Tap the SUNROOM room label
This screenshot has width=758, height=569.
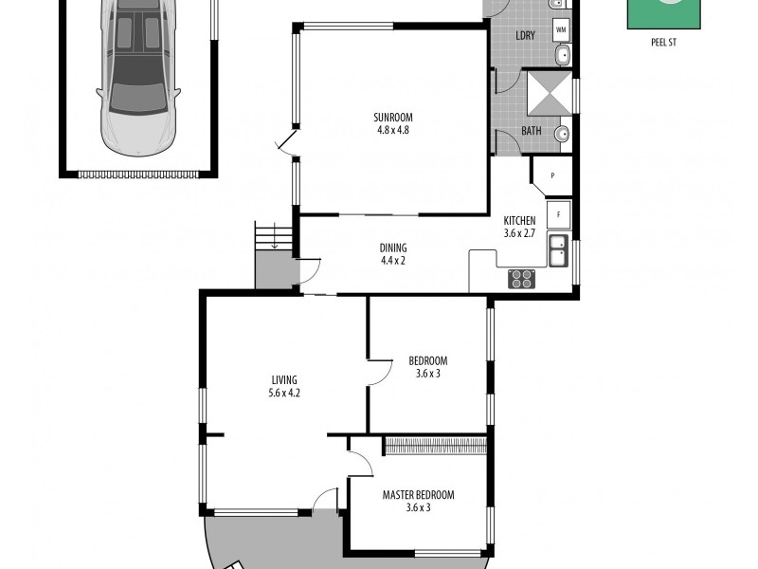[x=392, y=118]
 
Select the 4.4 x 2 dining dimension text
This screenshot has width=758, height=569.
[x=392, y=261]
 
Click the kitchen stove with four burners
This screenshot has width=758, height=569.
[x=522, y=279]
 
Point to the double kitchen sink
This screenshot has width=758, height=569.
[x=558, y=250]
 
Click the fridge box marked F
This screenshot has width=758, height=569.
[x=558, y=214]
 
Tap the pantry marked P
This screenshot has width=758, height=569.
[x=551, y=175]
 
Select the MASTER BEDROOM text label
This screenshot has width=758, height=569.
[x=418, y=495]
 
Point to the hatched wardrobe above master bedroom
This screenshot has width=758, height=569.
[x=435, y=445]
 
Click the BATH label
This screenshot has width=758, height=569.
[x=532, y=131]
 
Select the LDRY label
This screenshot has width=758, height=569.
[x=525, y=35]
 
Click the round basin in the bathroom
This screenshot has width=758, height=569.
[x=563, y=134]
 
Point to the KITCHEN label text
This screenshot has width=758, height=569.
[x=518, y=220]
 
